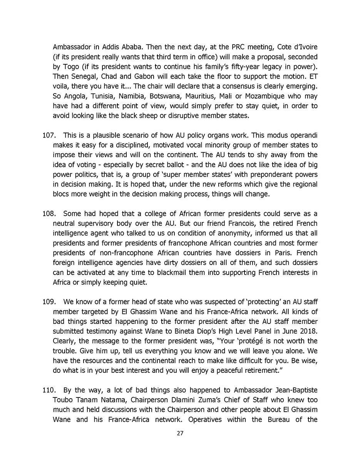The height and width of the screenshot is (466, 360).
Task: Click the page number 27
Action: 180,433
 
